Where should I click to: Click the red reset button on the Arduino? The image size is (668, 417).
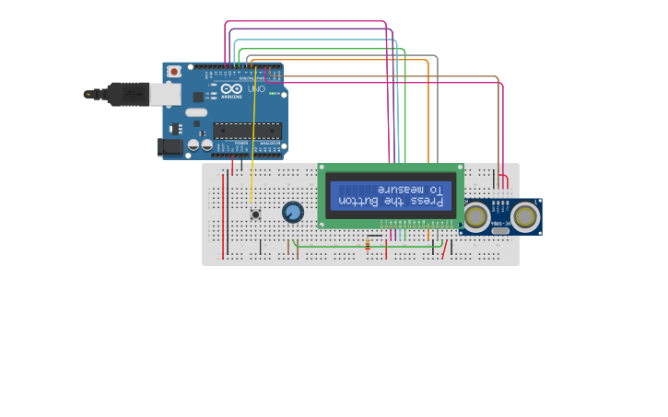coord(173,72)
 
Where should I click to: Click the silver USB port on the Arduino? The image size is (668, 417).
coord(164,93)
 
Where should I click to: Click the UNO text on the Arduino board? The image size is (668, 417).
coord(255,89)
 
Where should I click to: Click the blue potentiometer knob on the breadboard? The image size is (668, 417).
coord(293,213)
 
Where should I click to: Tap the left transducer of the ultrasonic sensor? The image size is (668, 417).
coord(476,217)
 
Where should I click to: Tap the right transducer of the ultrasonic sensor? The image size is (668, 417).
coord(525,216)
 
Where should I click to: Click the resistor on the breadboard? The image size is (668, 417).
coord(368,245)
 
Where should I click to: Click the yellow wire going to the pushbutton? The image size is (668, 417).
coord(253,138)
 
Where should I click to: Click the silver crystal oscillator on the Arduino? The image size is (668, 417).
coord(196,112)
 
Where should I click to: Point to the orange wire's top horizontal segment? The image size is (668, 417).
coord(341,60)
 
